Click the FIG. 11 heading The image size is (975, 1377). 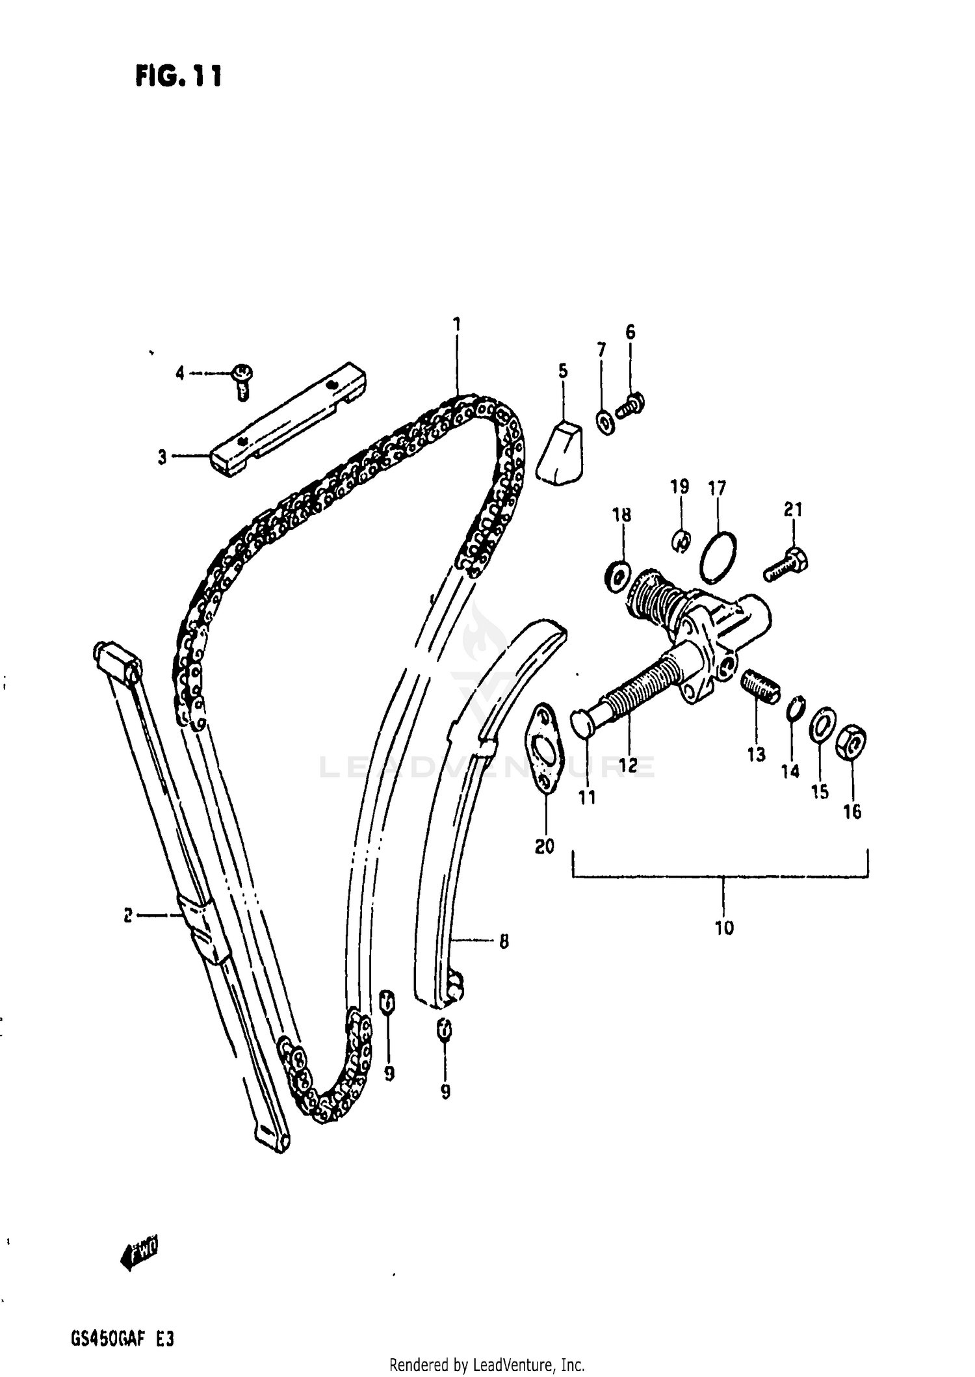click(178, 77)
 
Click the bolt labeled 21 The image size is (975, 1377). click(786, 564)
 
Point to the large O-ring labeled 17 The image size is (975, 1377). click(718, 558)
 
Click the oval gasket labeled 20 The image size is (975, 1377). click(545, 748)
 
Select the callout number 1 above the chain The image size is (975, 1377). click(457, 324)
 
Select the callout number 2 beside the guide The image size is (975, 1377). click(128, 915)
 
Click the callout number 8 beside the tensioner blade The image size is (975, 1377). click(504, 941)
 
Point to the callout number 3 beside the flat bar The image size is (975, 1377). click(162, 457)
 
